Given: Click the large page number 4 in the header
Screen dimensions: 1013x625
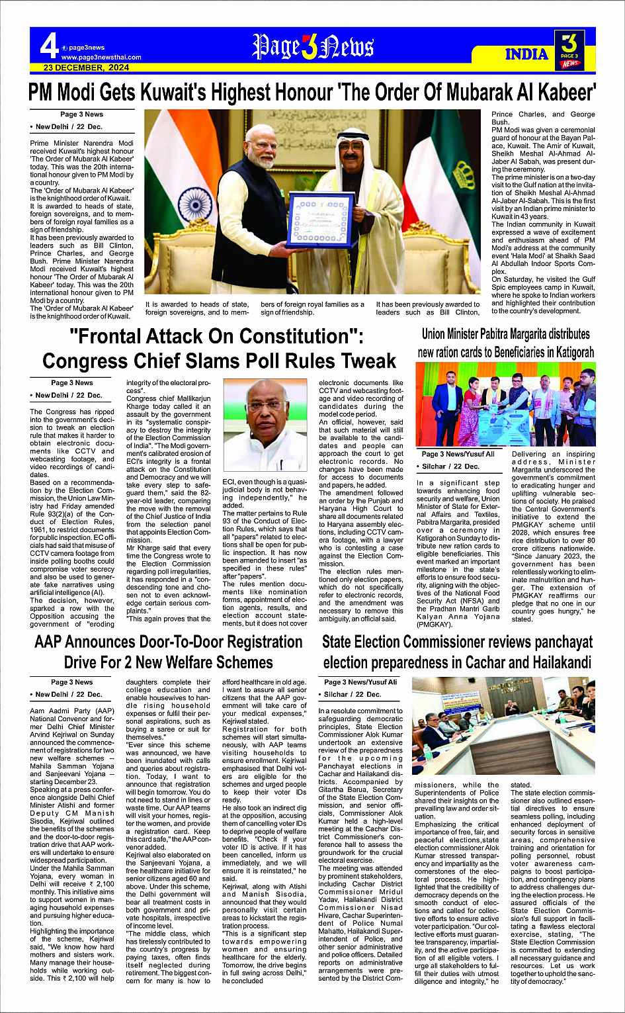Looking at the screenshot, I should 49,46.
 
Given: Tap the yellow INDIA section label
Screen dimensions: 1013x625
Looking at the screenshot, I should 526,54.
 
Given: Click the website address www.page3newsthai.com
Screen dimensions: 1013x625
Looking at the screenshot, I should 101,58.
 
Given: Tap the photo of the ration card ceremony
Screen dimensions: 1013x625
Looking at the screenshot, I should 505,404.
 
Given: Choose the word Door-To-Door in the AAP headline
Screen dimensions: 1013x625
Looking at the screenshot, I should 195,642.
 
